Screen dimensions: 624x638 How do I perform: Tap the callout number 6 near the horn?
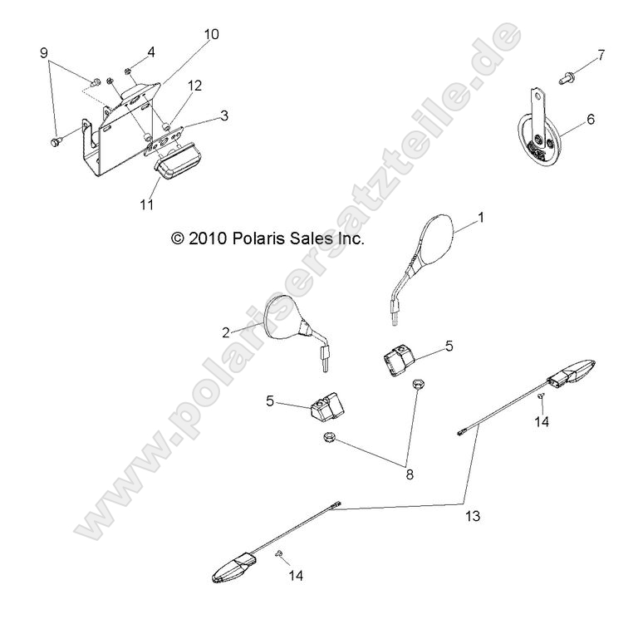pos(591,120)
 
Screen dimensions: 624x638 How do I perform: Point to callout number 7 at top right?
pos(601,56)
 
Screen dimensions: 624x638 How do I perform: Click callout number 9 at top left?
pos(43,53)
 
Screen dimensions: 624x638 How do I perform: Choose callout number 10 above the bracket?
pos(211,34)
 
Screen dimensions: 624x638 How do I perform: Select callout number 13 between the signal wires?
pos(474,516)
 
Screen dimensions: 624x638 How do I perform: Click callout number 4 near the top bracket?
pos(150,52)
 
